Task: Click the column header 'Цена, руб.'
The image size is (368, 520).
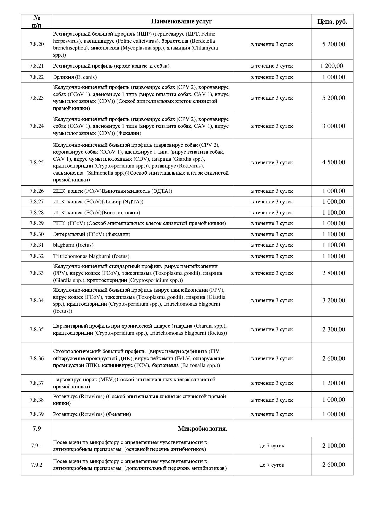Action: click(x=332, y=21)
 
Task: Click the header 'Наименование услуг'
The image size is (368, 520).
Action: click(x=181, y=21)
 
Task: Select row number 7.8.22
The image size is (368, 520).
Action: click(x=37, y=77)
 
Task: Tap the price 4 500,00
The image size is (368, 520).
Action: click(x=334, y=162)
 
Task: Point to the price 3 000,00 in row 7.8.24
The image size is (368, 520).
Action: click(x=334, y=126)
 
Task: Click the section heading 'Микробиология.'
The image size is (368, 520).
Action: click(x=202, y=429)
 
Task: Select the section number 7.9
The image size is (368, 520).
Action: click(x=37, y=429)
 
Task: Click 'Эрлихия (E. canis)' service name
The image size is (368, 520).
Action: click(x=75, y=77)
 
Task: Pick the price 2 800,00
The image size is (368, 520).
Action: click(x=334, y=273)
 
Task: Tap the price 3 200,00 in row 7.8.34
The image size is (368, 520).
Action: click(x=334, y=300)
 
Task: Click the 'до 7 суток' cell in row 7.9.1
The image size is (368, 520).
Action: click(x=272, y=446)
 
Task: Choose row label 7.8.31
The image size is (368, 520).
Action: click(x=37, y=245)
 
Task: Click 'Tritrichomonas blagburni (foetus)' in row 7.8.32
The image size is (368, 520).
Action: click(x=91, y=256)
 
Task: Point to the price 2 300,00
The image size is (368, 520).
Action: click(x=334, y=329)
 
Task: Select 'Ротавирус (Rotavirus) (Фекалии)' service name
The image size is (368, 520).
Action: click(x=92, y=414)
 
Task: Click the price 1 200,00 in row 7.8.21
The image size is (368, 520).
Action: click(x=331, y=66)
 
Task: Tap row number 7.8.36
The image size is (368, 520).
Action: click(x=37, y=358)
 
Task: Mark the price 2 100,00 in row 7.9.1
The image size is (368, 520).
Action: click(x=334, y=446)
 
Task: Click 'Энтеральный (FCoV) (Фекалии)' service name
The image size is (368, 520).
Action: click(x=91, y=234)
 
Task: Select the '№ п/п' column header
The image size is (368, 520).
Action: click(x=37, y=21)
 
